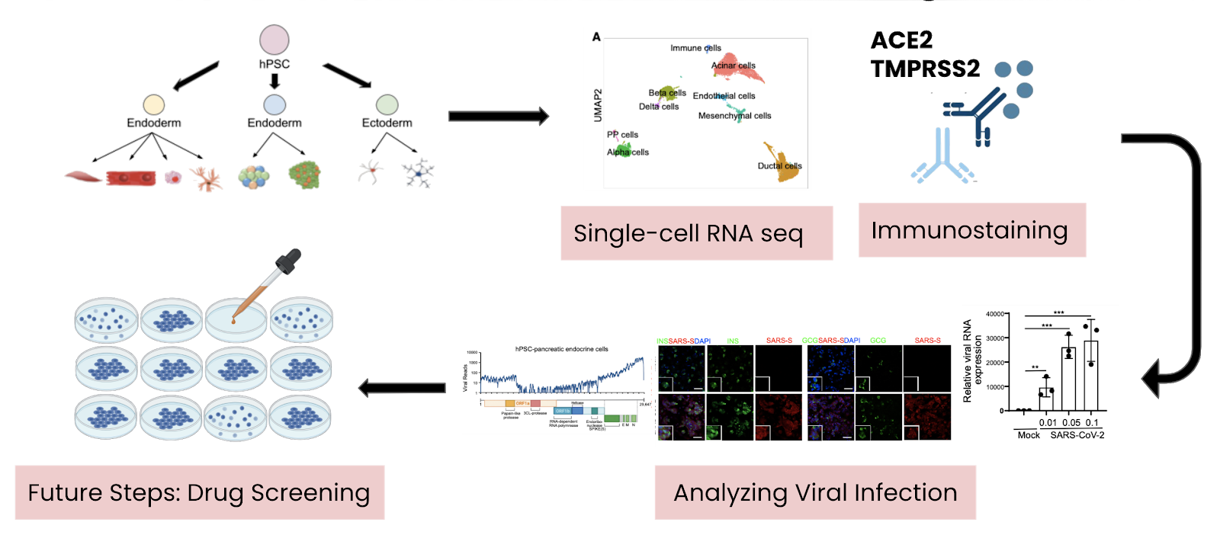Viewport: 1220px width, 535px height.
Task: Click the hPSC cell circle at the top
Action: [274, 40]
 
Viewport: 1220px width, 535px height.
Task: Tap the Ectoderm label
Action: [387, 123]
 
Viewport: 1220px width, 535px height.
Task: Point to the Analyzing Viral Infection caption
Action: [815, 492]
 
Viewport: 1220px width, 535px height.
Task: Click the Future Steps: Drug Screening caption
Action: [199, 492]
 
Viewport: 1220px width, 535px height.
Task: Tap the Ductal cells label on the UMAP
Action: [779, 165]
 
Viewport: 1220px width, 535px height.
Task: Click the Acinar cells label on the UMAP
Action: [734, 66]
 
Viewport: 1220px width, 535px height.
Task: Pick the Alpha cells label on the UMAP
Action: [628, 152]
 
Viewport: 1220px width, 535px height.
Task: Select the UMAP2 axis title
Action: [598, 105]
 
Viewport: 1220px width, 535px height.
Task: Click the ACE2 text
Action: [901, 40]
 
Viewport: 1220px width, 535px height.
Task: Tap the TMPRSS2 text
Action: [925, 69]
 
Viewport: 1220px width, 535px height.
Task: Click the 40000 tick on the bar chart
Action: [994, 314]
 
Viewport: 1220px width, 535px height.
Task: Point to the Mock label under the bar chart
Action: [1029, 435]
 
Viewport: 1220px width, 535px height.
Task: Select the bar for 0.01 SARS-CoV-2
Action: [1046, 399]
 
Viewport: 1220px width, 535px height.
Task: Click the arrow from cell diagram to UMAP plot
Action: [498, 116]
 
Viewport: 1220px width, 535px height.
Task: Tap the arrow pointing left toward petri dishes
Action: [402, 388]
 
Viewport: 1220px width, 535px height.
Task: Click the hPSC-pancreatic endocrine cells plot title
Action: [562, 349]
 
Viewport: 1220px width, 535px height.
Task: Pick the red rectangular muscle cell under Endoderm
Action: [131, 178]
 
